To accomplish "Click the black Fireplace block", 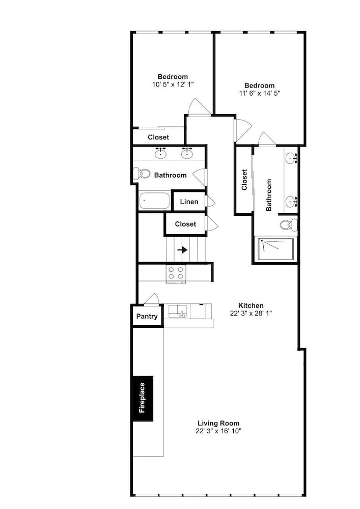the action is (142, 399).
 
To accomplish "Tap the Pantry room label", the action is (147, 316).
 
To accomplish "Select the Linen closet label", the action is (189, 202).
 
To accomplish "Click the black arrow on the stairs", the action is (182, 250).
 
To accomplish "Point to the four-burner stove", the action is (176, 273).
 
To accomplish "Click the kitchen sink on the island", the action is (177, 311).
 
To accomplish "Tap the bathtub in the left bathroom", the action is (155, 201).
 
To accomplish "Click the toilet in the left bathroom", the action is (142, 174).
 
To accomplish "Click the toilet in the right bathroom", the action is (289, 224).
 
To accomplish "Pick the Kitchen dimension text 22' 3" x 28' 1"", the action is (251, 313).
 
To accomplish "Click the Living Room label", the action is (218, 423).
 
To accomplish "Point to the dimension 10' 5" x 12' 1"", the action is (173, 84).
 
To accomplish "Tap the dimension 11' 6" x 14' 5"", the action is (259, 93).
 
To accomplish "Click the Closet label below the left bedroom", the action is (158, 137).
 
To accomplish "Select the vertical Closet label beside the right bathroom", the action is (244, 180).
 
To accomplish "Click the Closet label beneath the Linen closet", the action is (185, 224).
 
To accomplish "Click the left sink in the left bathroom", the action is (160, 153).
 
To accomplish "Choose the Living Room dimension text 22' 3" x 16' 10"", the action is (218, 431).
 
